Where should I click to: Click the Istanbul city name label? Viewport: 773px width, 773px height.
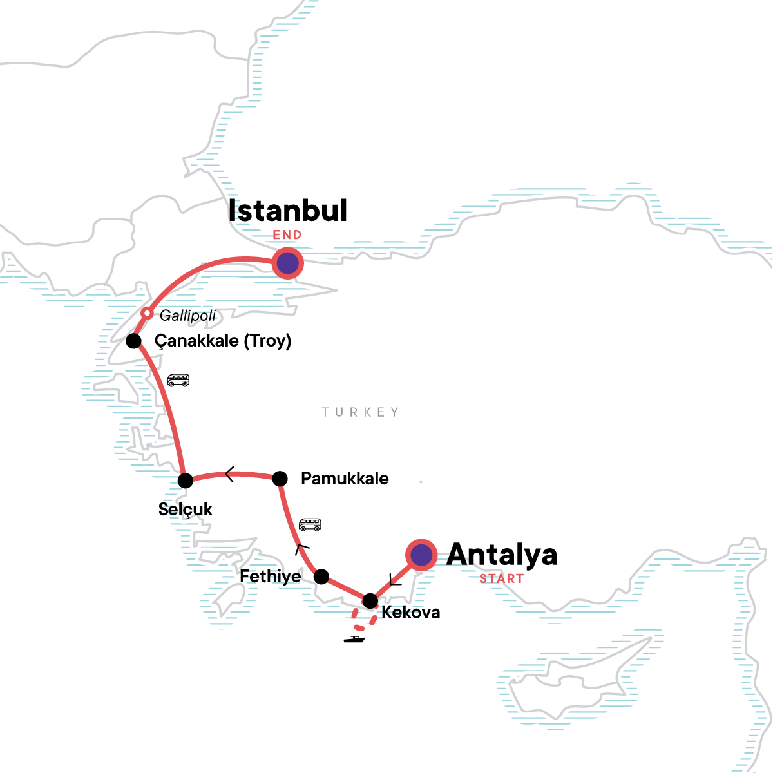click(288, 211)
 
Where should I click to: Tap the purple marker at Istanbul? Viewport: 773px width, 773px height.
click(287, 263)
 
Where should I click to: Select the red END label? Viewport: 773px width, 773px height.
click(287, 235)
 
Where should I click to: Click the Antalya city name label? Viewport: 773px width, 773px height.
click(502, 555)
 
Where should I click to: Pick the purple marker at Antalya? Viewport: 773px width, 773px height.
click(421, 555)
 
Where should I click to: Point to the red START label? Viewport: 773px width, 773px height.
click(501, 578)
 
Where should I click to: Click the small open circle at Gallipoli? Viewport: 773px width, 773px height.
click(147, 314)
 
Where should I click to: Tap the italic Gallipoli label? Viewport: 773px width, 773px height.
click(187, 316)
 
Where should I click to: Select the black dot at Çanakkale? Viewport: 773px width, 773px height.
click(133, 341)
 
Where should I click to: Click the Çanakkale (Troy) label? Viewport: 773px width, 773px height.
click(223, 341)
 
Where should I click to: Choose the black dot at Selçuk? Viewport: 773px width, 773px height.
click(185, 481)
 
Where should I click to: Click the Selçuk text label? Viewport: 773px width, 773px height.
click(186, 510)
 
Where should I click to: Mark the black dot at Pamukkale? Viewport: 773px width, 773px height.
click(280, 479)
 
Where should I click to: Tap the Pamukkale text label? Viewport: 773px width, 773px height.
click(345, 479)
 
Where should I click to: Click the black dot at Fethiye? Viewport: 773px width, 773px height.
click(321, 577)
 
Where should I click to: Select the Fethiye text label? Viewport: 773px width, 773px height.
click(271, 577)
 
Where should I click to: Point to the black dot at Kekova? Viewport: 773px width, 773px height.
click(370, 601)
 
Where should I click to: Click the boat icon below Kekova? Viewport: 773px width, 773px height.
click(354, 639)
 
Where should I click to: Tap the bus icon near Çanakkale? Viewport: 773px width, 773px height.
click(178, 380)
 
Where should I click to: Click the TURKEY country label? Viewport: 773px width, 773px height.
click(361, 412)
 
